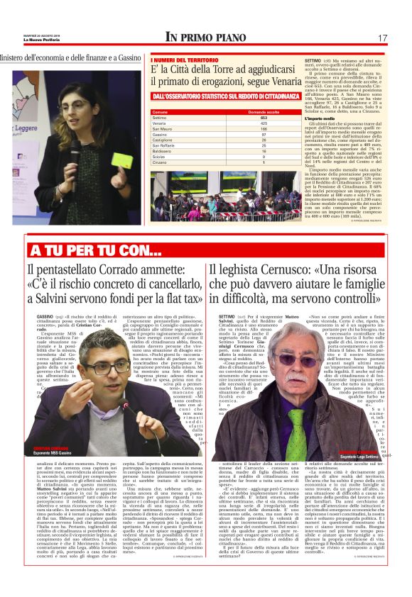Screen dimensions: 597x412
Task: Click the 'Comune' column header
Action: pyautogui.click(x=160, y=112)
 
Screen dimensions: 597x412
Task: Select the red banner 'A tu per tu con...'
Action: pyautogui.click(x=86, y=250)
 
